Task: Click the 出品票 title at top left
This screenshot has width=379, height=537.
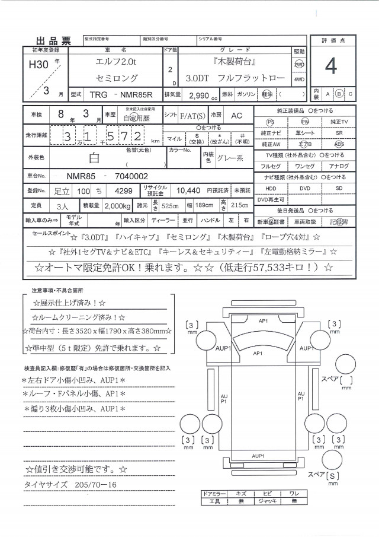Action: pyautogui.click(x=53, y=40)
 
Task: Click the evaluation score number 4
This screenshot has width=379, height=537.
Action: pyautogui.click(x=330, y=67)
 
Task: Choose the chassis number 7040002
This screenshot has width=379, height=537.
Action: pyautogui.click(x=128, y=176)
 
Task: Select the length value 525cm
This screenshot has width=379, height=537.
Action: pyautogui.click(x=171, y=205)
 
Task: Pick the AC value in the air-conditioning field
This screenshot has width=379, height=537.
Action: pyautogui.click(x=236, y=116)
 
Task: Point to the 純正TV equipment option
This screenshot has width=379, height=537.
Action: pyautogui.click(x=339, y=122)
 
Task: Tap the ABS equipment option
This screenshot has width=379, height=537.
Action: pyautogui.click(x=339, y=144)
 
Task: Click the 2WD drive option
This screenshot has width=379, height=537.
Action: pyautogui.click(x=299, y=64)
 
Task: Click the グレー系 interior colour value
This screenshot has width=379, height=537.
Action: pyautogui.click(x=232, y=158)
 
